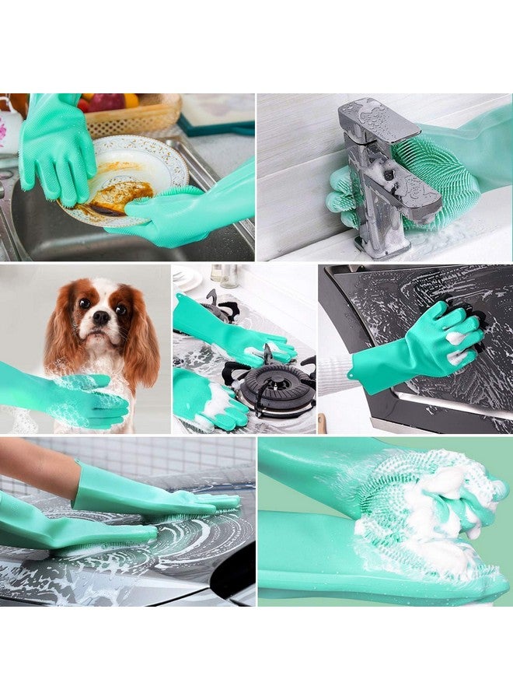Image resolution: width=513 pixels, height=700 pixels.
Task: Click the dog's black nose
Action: (x=100, y=318)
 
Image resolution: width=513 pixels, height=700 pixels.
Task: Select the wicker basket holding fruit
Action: (x=132, y=117)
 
